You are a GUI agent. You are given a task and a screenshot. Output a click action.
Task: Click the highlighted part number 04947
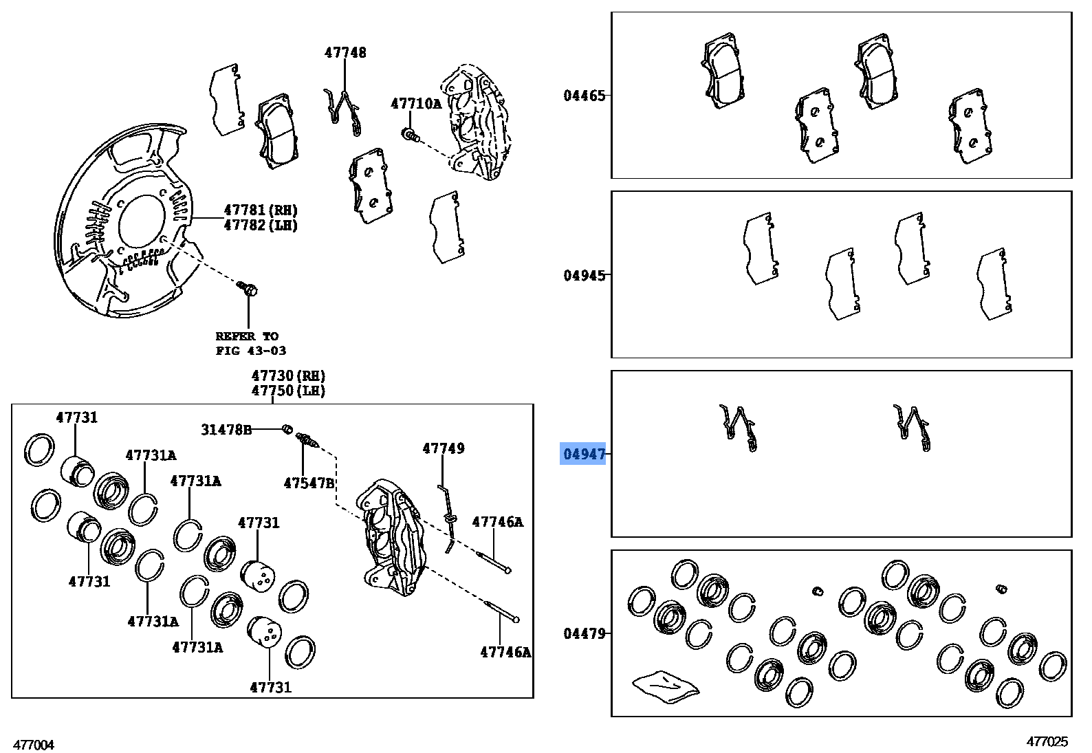click(584, 454)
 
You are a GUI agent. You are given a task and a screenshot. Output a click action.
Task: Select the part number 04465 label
click(585, 96)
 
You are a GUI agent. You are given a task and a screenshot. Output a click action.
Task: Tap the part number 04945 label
click(585, 275)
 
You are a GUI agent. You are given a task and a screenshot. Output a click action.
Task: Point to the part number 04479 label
click(585, 633)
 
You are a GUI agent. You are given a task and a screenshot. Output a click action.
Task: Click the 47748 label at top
click(345, 52)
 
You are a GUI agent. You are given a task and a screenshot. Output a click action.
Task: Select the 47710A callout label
click(415, 104)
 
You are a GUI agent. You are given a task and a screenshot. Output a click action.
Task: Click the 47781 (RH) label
click(261, 210)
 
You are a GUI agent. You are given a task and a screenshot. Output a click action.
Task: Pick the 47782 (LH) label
click(261, 226)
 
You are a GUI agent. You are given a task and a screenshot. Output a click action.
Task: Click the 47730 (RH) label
click(288, 376)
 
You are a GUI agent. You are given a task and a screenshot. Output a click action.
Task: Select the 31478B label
click(226, 430)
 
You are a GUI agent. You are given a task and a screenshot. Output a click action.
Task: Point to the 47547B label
click(309, 483)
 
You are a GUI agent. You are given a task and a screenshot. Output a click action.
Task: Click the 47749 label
click(443, 448)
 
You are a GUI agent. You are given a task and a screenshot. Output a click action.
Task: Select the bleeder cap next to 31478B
click(287, 430)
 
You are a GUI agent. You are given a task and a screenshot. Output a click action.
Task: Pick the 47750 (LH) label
click(288, 391)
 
